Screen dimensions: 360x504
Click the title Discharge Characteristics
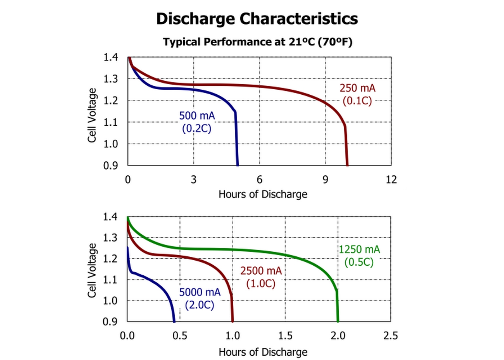coord(257,19)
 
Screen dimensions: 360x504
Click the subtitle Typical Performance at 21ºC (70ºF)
coord(257,42)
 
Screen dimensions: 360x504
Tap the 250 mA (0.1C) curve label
coord(357,94)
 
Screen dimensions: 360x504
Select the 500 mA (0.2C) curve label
coord(197,122)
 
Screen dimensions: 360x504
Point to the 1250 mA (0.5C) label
coord(359,256)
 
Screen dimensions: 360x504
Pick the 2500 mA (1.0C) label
coord(261,277)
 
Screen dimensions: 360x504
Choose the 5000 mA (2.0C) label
coord(200,298)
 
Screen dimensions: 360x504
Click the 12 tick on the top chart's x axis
coord(391,180)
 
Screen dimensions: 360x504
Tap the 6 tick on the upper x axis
coord(260,180)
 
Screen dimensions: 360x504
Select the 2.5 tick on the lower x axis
coord(391,336)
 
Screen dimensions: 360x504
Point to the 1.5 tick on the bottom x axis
coord(285,336)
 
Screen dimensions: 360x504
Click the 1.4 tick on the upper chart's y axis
coord(111,57)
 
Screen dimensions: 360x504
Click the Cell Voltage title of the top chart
coord(92,115)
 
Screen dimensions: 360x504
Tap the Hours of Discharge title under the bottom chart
coord(263,352)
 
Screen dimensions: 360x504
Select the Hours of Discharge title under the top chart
coord(263,194)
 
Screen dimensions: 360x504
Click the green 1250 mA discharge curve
coord(252,249)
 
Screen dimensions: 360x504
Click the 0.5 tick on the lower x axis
coord(180,336)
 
